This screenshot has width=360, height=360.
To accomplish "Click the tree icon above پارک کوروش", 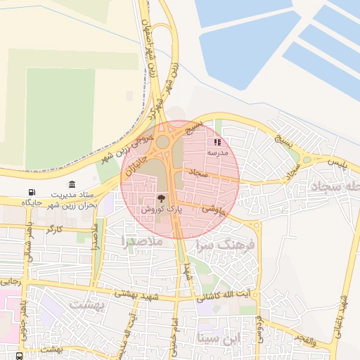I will [x=162, y=199].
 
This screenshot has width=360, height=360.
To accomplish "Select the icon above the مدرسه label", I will [x=217, y=142].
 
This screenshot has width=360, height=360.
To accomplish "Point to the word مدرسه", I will [x=217, y=152].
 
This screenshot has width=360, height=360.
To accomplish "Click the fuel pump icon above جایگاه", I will [x=31, y=193].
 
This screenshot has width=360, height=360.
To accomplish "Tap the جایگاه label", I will [x=32, y=202].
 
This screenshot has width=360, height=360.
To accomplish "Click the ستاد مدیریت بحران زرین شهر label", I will [x=75, y=200].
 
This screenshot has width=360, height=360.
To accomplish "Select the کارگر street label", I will [x=54, y=230].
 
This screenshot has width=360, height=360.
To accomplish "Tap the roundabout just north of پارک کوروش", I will [x=163, y=142].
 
